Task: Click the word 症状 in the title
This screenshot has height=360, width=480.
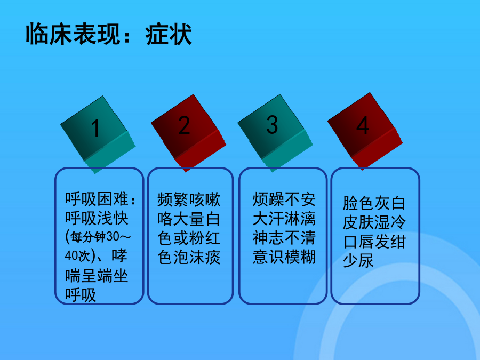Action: [169, 34]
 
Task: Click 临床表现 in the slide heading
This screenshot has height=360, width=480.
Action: [73, 34]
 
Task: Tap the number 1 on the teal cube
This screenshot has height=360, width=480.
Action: [95, 127]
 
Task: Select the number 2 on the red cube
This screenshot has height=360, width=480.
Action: [185, 125]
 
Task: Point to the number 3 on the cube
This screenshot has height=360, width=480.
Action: [272, 125]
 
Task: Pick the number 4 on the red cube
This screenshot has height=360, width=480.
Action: [363, 125]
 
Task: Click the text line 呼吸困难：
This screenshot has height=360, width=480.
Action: [100, 199]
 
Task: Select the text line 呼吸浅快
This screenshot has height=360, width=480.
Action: [97, 218]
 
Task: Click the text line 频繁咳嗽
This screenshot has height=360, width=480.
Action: [189, 199]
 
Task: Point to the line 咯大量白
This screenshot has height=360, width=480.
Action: [189, 219]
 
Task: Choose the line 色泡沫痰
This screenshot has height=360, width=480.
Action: [189, 257]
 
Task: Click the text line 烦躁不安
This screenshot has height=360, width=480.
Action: [284, 199]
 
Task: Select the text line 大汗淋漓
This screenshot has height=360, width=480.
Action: [284, 219]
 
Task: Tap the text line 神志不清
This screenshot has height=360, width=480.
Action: [284, 237]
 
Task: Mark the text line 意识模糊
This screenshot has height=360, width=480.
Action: [284, 257]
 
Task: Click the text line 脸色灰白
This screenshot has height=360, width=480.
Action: [374, 203]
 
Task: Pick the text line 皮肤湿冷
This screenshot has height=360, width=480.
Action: [374, 222]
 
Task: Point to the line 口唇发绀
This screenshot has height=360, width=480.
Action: [374, 242]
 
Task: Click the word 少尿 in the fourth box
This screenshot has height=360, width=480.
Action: [358, 260]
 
